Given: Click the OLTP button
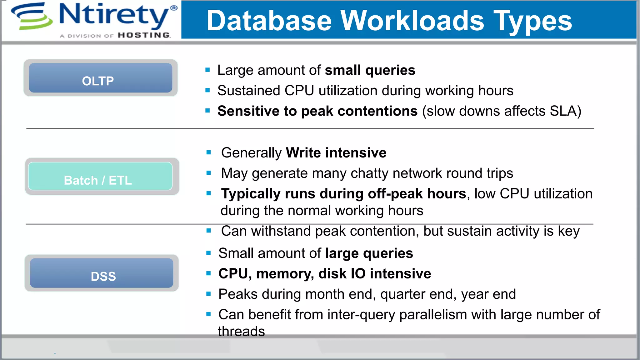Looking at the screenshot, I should point(100,78).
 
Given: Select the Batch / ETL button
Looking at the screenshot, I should point(100,177).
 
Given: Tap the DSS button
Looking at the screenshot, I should point(102,273).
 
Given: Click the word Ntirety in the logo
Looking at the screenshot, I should point(114,15).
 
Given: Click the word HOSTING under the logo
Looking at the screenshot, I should point(144,35).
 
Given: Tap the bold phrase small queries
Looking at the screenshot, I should point(370,70).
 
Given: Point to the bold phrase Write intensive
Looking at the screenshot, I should point(336,153).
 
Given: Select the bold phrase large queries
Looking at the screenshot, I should point(369,253).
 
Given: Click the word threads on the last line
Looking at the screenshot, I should point(241,331).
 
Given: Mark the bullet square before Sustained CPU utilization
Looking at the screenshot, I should point(207,91).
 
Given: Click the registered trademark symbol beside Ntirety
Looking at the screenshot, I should point(174,8).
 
